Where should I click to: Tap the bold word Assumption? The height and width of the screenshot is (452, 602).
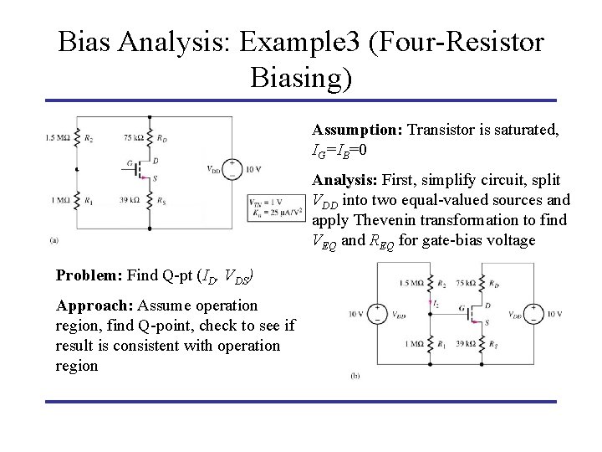(356, 131)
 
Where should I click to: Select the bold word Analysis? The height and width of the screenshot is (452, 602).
(344, 180)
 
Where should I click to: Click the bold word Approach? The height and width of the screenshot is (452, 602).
(89, 306)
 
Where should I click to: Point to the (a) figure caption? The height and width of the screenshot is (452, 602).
(54, 239)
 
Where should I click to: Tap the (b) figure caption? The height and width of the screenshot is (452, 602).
(356, 377)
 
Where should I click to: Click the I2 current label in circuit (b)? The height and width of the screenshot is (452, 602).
(436, 302)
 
